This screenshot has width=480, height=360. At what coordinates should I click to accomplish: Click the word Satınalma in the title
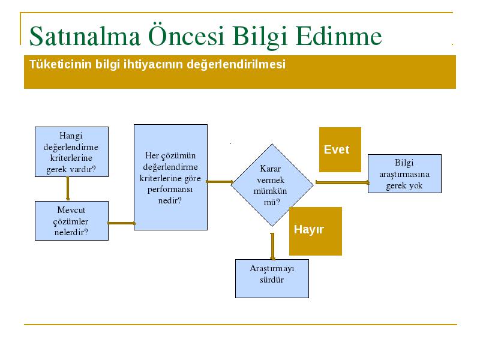[85, 37]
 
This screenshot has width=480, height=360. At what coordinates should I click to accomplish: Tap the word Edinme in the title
[339, 36]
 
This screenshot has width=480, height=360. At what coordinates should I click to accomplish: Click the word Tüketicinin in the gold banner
[61, 64]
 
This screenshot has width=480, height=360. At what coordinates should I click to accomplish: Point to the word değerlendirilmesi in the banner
[236, 65]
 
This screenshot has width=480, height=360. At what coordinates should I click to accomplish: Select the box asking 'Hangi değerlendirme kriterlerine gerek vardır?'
[71, 152]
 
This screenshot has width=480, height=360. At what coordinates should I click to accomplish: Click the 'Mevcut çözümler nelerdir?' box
[71, 221]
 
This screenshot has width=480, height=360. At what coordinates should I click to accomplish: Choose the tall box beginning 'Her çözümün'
[170, 177]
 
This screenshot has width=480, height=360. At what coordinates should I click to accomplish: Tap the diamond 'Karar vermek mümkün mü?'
[272, 185]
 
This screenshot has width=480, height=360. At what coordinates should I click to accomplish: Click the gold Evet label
[340, 149]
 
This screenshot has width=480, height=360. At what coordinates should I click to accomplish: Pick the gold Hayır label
[316, 231]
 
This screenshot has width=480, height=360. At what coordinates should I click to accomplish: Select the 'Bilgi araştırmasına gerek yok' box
[404, 173]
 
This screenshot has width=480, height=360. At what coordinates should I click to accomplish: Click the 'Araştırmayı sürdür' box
[272, 278]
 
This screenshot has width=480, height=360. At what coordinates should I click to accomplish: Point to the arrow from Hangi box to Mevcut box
[68, 189]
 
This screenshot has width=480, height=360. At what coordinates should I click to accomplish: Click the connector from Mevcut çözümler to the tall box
[121, 223]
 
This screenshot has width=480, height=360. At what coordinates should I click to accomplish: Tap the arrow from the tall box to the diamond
[220, 182]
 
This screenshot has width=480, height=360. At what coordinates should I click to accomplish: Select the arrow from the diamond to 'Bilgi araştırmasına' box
[342, 182]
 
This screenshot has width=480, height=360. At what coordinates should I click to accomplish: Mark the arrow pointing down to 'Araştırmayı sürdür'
[272, 247]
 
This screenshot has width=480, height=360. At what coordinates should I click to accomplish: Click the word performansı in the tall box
[170, 190]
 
